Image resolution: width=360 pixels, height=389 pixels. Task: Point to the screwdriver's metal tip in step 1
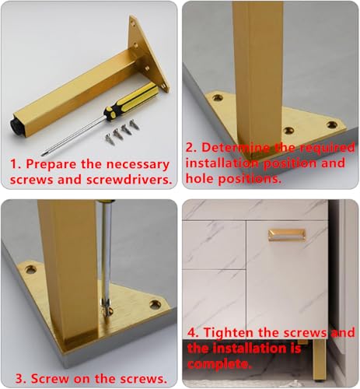point(42,155)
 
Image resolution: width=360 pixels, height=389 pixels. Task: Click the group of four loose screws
point(122,131)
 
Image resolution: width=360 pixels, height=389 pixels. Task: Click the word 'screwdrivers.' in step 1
point(129,180)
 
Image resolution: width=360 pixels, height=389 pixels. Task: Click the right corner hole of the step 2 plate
point(332,124)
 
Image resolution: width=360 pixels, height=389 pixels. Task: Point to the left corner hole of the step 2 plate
point(218,98)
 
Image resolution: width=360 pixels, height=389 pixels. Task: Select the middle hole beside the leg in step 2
point(288,131)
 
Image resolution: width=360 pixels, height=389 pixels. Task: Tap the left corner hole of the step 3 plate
point(31,270)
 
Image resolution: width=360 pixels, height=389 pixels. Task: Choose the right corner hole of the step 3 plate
point(156,304)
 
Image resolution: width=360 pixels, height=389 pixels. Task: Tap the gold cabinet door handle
point(287,235)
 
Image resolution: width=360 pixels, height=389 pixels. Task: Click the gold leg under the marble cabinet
point(319,360)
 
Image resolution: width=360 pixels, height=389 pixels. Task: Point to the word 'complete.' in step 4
point(219,364)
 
